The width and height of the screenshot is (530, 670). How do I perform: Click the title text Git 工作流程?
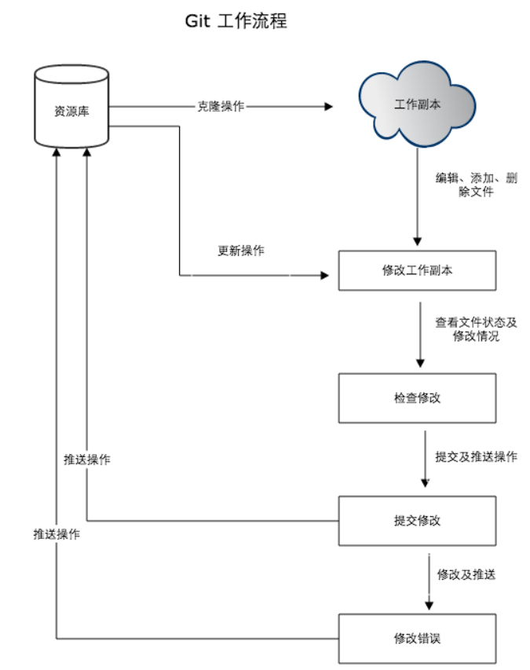point(236,21)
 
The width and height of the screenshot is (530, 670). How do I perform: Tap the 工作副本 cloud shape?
point(417,106)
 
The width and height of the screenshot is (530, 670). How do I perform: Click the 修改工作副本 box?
point(417,270)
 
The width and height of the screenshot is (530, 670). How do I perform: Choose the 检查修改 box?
point(417,397)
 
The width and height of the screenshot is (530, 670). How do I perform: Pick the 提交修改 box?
point(417,520)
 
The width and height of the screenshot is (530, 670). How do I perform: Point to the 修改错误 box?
point(417,638)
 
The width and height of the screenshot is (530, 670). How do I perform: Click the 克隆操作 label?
point(221,106)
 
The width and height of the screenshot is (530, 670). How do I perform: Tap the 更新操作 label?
point(241,251)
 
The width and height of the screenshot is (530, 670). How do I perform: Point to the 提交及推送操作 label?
point(477,456)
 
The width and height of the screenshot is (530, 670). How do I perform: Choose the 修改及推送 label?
point(466,574)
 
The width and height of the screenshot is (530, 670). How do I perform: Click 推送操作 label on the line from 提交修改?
point(87,459)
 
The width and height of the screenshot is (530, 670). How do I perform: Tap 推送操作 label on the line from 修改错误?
point(57,534)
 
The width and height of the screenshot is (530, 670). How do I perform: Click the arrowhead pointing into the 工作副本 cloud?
point(328,106)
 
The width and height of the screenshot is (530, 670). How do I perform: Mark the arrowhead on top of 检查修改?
point(420,363)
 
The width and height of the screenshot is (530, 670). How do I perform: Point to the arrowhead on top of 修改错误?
point(429,605)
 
